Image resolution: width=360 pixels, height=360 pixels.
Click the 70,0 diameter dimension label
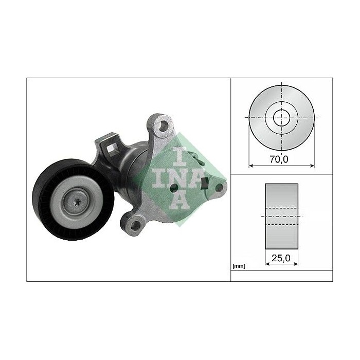tap(279, 159)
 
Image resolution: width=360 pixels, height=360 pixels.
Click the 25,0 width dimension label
tap(281, 258)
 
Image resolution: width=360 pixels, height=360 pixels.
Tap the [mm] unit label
tap(239, 266)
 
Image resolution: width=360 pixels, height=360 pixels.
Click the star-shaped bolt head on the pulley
tap(77, 202)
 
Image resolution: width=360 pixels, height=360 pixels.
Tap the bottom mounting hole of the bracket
tap(135, 225)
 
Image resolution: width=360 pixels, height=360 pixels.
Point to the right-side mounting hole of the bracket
tap(219, 188)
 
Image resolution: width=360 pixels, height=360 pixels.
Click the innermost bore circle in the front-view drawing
tap(282, 118)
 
